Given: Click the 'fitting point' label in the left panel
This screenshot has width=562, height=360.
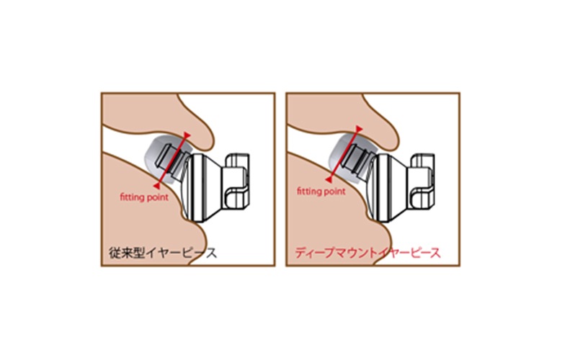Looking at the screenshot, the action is tap(144, 197).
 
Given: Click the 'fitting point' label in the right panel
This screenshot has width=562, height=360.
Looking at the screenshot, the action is tap(321, 192).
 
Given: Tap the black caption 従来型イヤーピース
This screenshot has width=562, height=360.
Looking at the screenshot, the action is tap(163, 253).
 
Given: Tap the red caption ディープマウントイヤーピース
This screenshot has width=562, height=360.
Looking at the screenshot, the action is tap(367, 253).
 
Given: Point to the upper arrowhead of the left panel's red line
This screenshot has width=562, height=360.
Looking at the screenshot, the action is tap(187, 135).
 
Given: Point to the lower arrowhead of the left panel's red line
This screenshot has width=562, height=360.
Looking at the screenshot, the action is tap(156, 186).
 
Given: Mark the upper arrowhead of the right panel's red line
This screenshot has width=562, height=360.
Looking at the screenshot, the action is tap(359, 128).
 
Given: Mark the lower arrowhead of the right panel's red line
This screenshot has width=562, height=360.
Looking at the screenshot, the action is tap(329, 179).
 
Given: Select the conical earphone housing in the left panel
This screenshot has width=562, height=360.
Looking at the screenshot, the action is tap(202, 188).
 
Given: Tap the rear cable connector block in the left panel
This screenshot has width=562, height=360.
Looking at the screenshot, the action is tap(236, 184).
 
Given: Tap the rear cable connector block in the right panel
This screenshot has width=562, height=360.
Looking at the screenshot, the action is tap(422, 184).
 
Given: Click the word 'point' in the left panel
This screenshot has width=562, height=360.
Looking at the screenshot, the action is tap(156, 198).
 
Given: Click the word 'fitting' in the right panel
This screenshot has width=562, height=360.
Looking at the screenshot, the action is tap(308, 192).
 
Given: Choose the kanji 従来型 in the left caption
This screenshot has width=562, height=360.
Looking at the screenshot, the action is tap(127, 253).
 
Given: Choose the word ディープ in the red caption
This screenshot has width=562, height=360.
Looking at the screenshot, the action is tap(316, 253).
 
